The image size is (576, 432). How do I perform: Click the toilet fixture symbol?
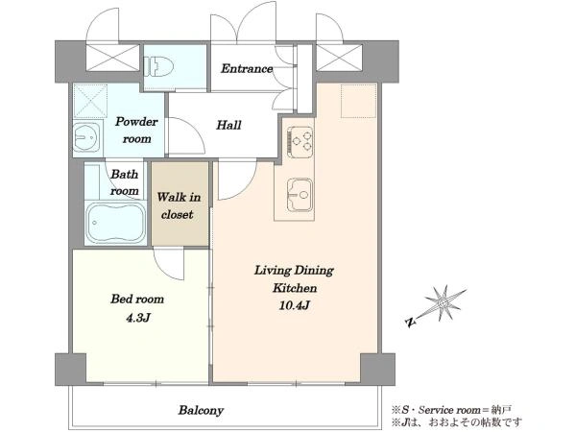158,66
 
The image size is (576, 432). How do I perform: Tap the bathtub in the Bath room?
116,223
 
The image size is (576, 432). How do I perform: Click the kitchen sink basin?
300,195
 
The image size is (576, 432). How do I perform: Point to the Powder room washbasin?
86,136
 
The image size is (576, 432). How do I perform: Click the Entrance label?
247,68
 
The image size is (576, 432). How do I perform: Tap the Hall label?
228,125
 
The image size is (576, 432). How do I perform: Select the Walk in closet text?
179,205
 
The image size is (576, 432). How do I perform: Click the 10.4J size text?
295,305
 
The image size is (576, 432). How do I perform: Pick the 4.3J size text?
137,318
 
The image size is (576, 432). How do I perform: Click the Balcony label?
201,410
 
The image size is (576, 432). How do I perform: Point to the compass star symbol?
443,303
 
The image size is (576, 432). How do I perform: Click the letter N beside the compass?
410,323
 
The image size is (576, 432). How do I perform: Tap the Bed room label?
137,299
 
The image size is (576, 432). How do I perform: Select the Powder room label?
136,130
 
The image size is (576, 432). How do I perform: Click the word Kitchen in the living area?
295,288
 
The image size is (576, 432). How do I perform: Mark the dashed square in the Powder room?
90,101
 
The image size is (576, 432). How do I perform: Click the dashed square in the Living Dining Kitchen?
358,101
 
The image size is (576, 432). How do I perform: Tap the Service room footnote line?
451,410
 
